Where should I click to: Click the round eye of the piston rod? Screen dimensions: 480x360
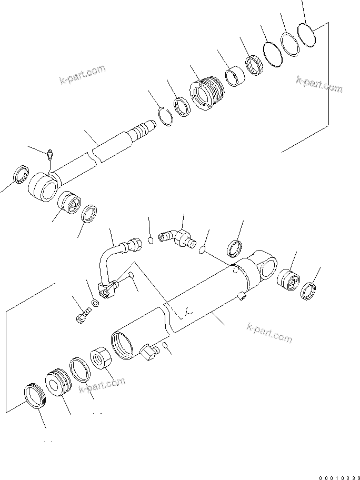(x=43, y=186)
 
